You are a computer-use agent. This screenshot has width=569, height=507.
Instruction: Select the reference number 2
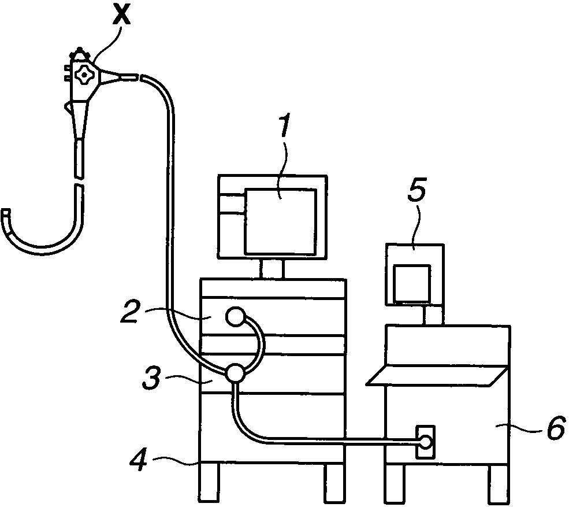pos(133,312)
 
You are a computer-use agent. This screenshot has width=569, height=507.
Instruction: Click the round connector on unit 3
pos(235,373)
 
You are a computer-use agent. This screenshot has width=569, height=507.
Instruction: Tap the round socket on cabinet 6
pos(426,442)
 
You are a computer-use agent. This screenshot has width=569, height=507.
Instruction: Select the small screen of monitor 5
pos(411,283)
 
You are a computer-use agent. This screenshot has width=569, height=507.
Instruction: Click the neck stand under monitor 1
pos(272,268)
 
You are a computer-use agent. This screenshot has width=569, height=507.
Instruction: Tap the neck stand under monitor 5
pos(433,315)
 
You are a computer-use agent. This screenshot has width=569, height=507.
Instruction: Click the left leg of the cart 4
pos(209,483)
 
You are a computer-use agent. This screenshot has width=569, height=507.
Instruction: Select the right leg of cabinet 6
pos(498,483)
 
